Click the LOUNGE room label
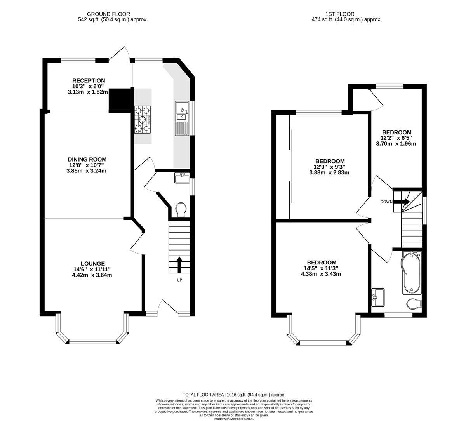coord(93,263)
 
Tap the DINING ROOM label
coord(87,159)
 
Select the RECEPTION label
coord(89,81)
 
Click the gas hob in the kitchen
coord(143,119)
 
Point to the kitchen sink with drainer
coord(182,118)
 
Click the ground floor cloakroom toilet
coord(181,209)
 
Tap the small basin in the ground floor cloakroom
coord(182,178)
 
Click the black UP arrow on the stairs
coord(179,264)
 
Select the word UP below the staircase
coord(179,280)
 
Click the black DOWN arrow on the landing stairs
coord(402,202)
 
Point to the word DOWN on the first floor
coord(386,202)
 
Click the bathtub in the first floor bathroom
coord(411,273)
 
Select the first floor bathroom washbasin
coord(378,297)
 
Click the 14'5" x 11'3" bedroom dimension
coord(321,268)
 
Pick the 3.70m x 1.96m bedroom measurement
coord(396,144)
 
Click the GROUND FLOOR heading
coord(108,14)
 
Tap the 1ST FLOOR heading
coord(340,14)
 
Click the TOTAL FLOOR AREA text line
coord(234,395)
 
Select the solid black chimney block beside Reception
coord(120,101)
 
